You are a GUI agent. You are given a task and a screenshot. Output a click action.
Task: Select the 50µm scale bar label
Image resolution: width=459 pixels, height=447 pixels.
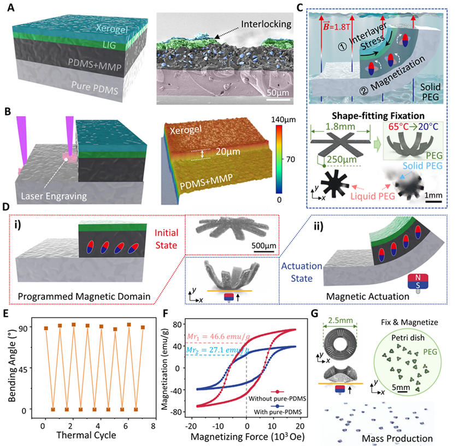coord(279,91)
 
